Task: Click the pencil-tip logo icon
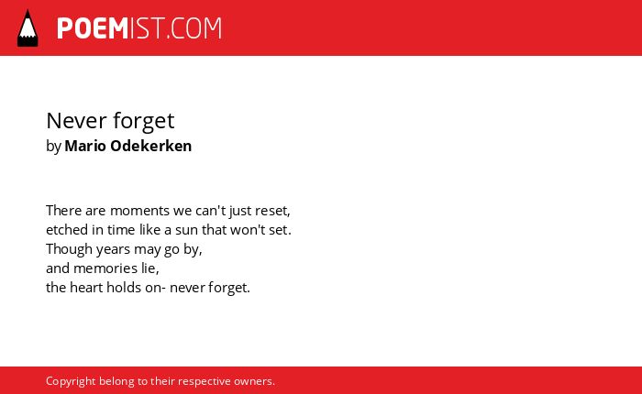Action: coord(28,28)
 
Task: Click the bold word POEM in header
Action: coord(93,28)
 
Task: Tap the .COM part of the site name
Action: coord(194,28)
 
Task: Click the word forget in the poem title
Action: coord(144,122)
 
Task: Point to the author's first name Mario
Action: coord(85,146)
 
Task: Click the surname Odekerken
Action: coord(151,146)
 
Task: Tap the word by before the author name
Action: coord(53,147)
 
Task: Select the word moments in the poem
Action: coord(140,211)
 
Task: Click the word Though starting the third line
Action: coord(69,249)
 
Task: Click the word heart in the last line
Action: coord(86,287)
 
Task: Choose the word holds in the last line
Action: coord(124,287)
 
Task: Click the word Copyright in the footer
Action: coord(71,382)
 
